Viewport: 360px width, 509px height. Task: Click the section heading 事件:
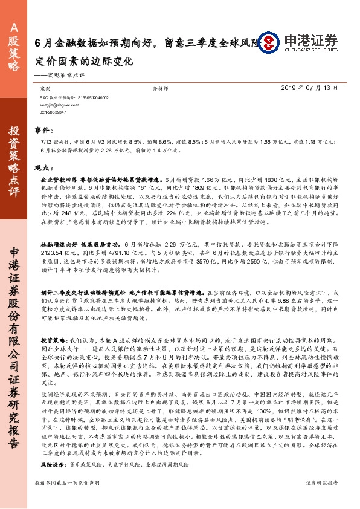tap(42, 130)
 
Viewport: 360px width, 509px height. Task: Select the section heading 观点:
tap(42, 169)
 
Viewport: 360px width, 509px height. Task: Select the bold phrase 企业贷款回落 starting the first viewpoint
tap(54, 180)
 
